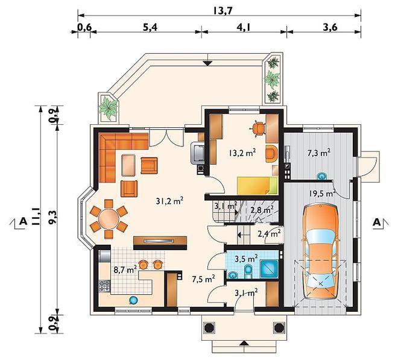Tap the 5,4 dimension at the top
[150, 27]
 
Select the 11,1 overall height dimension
[36, 216]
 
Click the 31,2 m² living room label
[169, 201]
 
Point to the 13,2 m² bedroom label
[242, 153]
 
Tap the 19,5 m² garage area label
[323, 194]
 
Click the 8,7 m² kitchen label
[125, 269]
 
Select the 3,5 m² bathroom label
[246, 259]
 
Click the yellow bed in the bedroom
[257, 186]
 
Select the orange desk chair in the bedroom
[258, 128]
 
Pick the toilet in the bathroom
[248, 271]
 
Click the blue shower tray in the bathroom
[270, 270]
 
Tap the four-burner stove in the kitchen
[104, 286]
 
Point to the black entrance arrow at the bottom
[244, 343]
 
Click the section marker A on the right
[377, 222]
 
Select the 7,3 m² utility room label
[319, 153]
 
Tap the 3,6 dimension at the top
[330, 27]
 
